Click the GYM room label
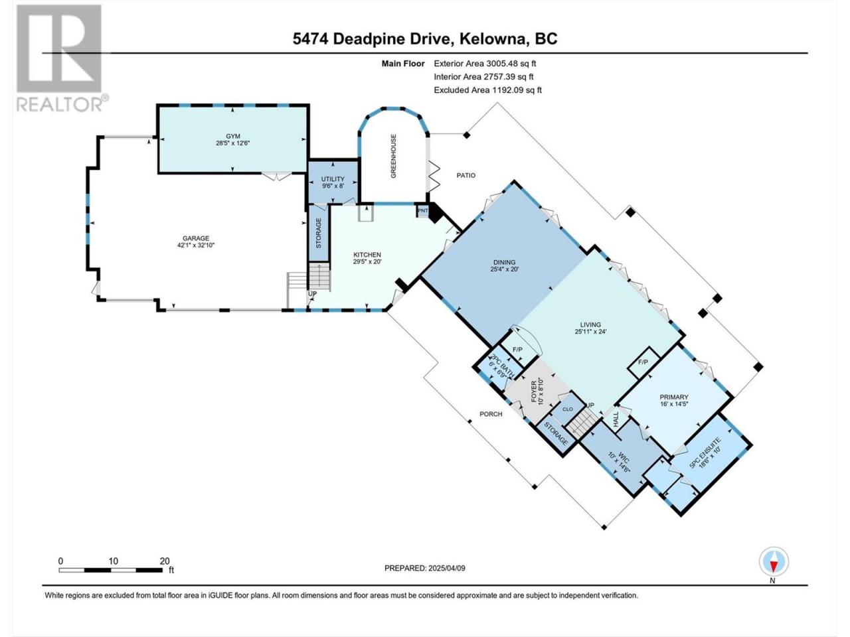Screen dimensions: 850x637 [232, 136]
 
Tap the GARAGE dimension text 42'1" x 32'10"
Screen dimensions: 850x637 [195, 245]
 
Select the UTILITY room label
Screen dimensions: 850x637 [333, 179]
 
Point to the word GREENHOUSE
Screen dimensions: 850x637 [393, 156]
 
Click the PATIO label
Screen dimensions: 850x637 [466, 175]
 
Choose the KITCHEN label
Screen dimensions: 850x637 [367, 255]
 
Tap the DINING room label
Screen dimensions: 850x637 [504, 262]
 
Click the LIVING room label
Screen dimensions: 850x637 [590, 325]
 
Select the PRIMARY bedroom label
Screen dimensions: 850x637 [674, 397]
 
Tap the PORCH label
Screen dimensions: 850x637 [491, 414]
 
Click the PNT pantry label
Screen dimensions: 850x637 [423, 211]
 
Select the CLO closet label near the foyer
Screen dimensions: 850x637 [567, 409]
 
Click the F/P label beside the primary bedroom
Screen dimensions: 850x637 [643, 362]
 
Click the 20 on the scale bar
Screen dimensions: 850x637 [165, 561]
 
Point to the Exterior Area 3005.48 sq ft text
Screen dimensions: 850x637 [485, 64]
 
